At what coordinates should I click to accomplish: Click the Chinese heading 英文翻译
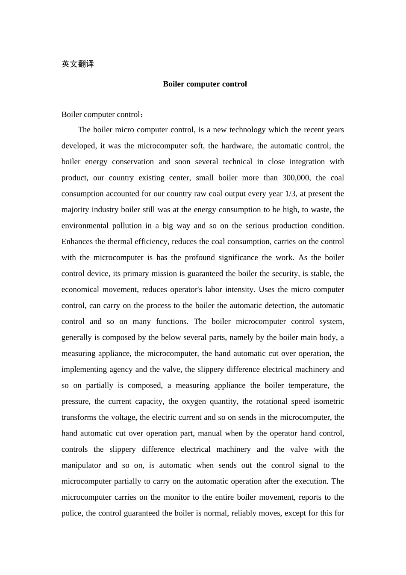[78, 64]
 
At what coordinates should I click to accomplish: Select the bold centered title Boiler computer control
[205, 84]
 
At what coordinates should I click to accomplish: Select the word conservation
[132, 162]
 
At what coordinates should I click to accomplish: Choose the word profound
[192, 258]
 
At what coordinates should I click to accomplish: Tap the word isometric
[329, 401]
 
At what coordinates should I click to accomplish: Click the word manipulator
[81, 465]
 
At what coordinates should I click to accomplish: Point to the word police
[72, 513]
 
